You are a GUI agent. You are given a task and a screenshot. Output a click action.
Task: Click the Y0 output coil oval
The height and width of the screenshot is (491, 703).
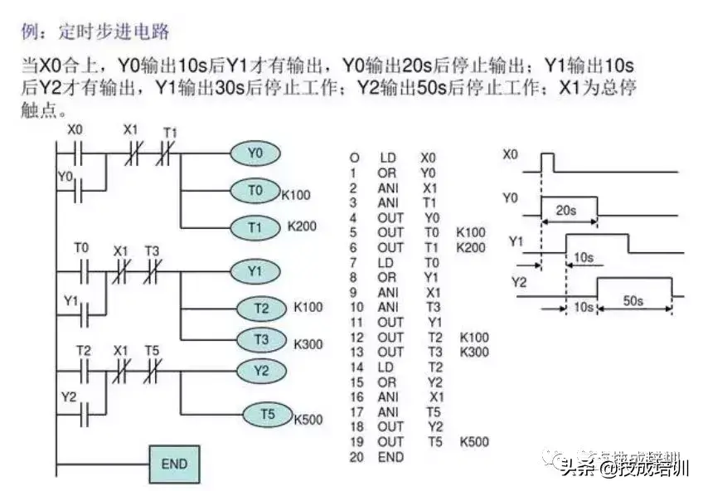(255, 153)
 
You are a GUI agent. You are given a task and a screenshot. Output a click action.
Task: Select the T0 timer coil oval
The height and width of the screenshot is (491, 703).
(255, 190)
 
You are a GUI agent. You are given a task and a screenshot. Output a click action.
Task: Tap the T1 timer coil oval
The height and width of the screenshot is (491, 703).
(255, 226)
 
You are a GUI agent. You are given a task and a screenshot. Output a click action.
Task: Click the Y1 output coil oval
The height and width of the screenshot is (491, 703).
(256, 270)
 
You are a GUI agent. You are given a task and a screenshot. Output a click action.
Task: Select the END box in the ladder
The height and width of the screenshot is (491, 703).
(174, 463)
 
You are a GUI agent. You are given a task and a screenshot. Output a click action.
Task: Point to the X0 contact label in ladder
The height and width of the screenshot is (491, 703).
(75, 130)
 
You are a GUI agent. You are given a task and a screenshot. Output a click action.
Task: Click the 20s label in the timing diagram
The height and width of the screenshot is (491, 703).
(567, 211)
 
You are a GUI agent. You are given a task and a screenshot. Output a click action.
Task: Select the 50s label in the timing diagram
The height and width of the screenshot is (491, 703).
(633, 300)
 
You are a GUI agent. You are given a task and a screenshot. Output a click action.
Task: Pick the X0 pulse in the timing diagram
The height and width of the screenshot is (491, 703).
(547, 162)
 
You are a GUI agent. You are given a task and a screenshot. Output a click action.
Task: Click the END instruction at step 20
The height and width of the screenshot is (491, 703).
(390, 457)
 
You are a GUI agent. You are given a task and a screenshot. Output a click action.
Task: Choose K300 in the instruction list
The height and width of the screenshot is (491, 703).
(474, 352)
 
